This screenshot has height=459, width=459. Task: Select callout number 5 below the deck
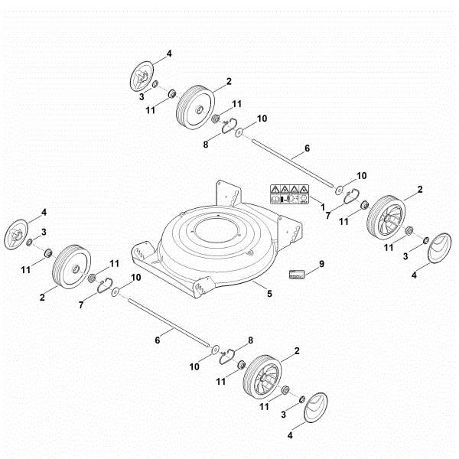pos(269,293)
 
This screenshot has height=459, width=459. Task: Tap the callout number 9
pos(322,264)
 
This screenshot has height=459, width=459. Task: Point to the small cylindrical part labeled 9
pos(298,273)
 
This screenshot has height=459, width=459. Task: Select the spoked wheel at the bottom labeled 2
pos(260,376)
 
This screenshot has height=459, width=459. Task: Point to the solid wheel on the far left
pos(69,265)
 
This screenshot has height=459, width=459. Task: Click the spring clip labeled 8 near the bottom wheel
pos(227,353)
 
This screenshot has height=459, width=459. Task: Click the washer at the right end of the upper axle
pos(337,186)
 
